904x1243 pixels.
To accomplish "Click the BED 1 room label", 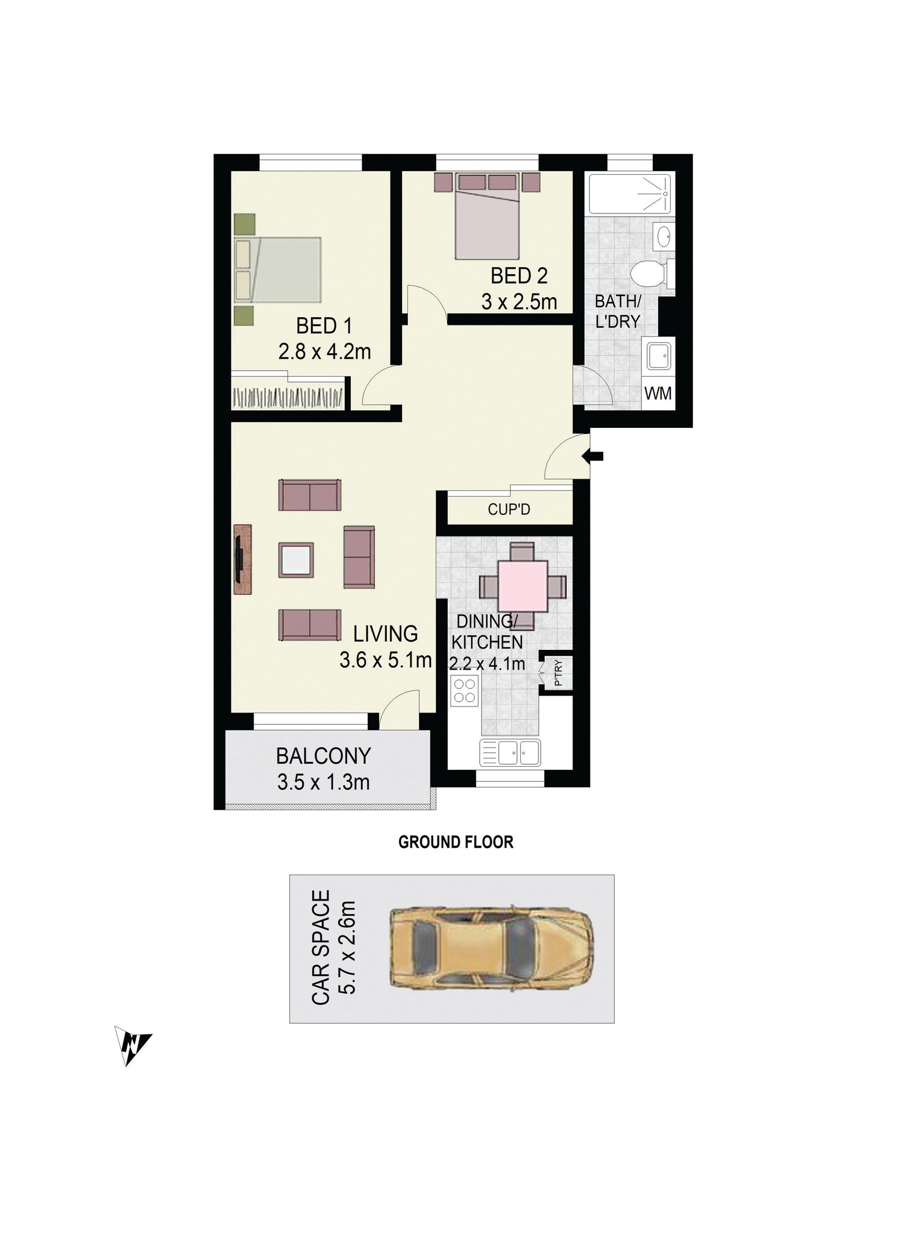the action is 324,326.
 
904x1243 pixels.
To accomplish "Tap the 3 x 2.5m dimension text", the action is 519,301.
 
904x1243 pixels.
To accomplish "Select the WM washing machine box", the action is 658,393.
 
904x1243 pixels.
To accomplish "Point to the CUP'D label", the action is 509,510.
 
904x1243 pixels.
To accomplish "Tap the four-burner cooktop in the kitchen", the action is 465,690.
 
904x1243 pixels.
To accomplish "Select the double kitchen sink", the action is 510,753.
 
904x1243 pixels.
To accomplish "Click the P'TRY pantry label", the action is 558,673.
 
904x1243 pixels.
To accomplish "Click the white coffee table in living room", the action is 296,561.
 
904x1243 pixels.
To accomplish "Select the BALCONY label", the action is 323,755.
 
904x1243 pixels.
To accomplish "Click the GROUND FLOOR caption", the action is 456,842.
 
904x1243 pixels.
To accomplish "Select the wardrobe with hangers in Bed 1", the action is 288,397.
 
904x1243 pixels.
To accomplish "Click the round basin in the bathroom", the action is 664,236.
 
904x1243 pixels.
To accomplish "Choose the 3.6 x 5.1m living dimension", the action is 386,661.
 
